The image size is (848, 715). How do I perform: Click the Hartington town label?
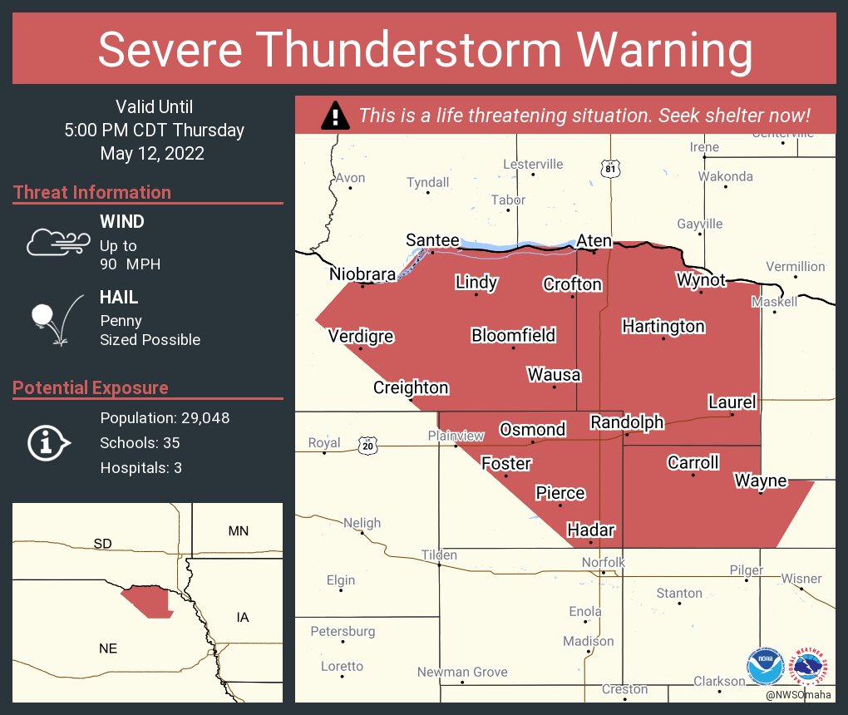(x=663, y=326)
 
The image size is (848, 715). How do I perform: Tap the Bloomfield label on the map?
(x=513, y=335)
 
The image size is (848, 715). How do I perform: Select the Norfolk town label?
(x=603, y=563)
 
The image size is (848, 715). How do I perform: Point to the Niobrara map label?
(x=362, y=274)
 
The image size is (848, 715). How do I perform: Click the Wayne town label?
(x=760, y=481)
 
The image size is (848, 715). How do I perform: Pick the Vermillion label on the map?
(x=795, y=266)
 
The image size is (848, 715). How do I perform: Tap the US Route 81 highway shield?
(x=612, y=169)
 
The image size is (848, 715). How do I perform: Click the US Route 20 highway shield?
(x=367, y=446)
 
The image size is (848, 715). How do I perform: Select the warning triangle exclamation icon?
(x=335, y=116)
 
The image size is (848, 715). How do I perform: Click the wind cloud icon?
(x=57, y=241)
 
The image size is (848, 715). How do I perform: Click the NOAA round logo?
(x=765, y=667)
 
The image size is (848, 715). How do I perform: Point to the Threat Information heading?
(x=92, y=192)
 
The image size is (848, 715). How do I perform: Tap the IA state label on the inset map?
(x=243, y=617)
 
